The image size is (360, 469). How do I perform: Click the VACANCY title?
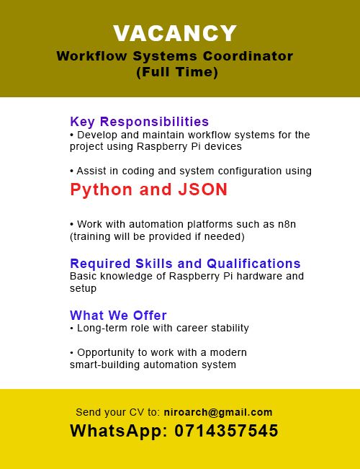point(175,33)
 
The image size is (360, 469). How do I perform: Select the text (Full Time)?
point(176,72)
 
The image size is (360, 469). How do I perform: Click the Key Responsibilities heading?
point(139,121)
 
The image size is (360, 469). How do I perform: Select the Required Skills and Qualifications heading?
point(185,263)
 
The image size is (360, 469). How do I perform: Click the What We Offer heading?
point(118,315)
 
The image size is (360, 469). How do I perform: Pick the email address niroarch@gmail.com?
point(218,413)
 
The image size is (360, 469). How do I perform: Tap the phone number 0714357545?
point(227,432)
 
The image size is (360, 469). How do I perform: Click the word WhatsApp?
point(117,432)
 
